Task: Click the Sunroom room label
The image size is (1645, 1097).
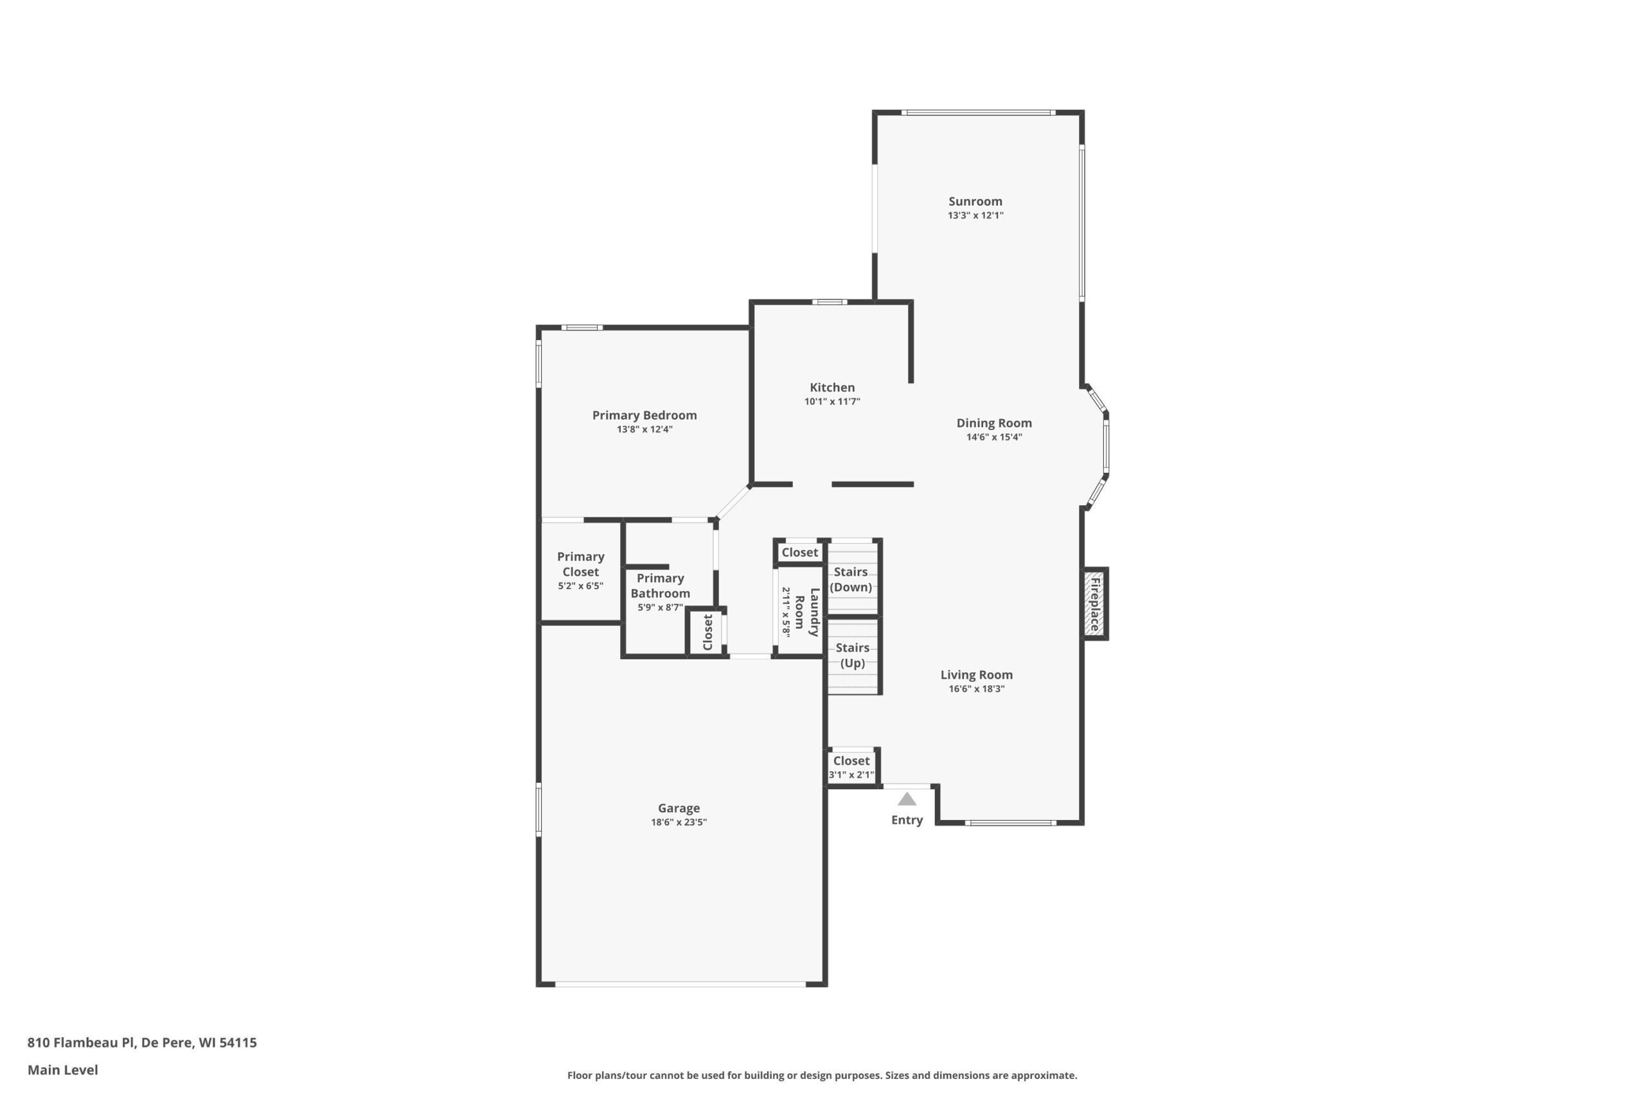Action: tap(975, 202)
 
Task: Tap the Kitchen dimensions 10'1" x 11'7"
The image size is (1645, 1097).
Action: tap(831, 402)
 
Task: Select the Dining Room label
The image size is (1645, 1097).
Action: tap(994, 423)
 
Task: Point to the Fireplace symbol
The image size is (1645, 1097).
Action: tap(1094, 603)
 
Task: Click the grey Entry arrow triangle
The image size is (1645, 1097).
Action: tap(907, 799)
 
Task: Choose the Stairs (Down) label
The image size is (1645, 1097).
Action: tap(851, 579)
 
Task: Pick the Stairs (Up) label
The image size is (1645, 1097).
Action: tap(852, 656)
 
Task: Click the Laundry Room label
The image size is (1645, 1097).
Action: tap(806, 612)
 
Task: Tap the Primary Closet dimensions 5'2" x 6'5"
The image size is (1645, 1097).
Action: tap(580, 586)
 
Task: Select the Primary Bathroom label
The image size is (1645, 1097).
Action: tap(660, 585)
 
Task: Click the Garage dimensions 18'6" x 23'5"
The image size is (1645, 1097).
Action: tap(679, 822)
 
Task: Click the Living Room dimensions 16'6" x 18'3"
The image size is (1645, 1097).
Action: tap(976, 689)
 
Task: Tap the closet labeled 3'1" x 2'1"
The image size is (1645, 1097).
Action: tap(851, 767)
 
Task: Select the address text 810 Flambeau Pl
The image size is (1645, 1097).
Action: tap(80, 1042)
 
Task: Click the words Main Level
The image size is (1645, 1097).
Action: tap(63, 1070)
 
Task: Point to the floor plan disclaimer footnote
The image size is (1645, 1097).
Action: tap(822, 1075)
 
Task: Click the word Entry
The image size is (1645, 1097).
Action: tap(907, 820)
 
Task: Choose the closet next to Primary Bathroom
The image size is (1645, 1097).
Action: tap(706, 632)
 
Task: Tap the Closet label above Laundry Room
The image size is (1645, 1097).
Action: tap(799, 553)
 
